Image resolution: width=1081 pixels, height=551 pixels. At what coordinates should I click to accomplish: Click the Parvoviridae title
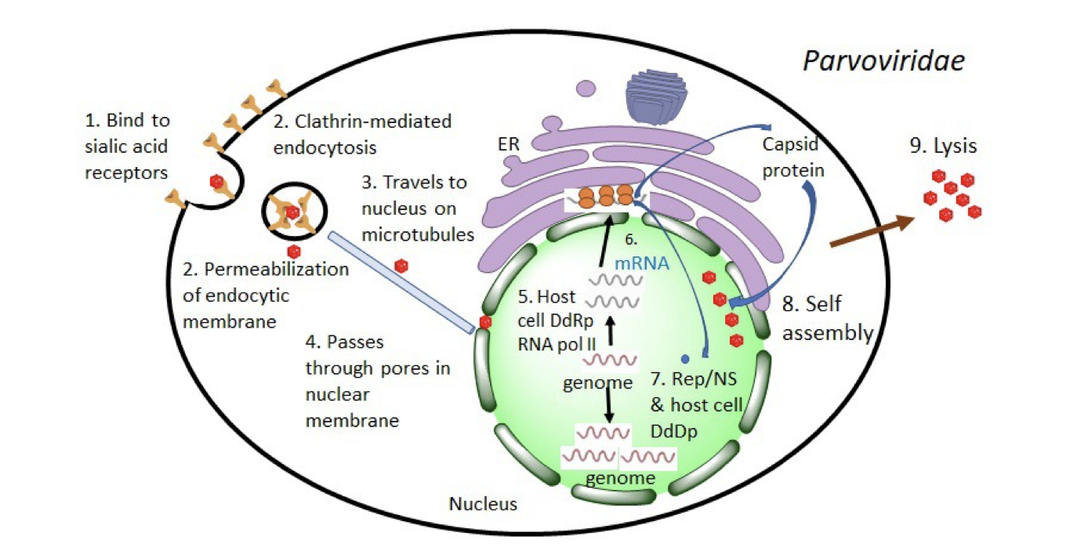pyautogui.click(x=883, y=61)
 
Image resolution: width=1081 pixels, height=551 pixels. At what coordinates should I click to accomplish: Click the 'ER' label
pyautogui.click(x=510, y=143)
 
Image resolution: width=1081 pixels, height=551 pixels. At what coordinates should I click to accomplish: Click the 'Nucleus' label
pyautogui.click(x=483, y=503)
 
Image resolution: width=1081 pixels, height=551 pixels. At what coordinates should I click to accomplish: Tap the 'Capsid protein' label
pyautogui.click(x=792, y=158)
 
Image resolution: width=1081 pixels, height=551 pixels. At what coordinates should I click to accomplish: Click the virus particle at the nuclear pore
pyautogui.click(x=485, y=322)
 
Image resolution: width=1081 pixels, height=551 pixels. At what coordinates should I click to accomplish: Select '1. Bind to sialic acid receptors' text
pyautogui.click(x=127, y=147)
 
